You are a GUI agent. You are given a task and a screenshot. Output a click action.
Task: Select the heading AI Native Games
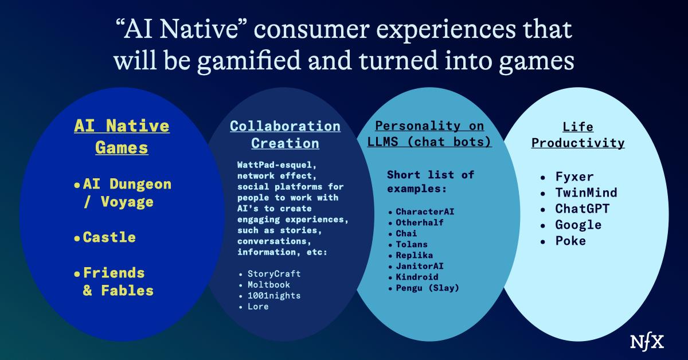[122, 136]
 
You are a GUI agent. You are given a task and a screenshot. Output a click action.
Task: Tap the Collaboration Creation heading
[285, 134]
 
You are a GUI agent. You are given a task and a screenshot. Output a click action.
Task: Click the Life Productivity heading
[578, 135]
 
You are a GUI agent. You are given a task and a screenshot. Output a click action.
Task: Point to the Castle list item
[110, 237]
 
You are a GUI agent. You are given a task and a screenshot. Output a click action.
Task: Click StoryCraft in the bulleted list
[274, 273]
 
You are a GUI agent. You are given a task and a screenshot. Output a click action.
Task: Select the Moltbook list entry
[268, 284]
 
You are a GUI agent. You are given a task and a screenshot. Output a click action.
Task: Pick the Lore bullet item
[258, 306]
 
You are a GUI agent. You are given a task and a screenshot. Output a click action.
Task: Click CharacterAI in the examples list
[425, 212]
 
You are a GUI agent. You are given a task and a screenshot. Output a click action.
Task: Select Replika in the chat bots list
[414, 255]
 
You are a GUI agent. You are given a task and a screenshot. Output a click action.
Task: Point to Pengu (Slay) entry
[427, 288]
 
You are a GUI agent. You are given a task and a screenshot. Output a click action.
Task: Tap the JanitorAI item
[420, 266]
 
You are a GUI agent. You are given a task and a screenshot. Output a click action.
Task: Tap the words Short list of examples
[431, 181]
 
